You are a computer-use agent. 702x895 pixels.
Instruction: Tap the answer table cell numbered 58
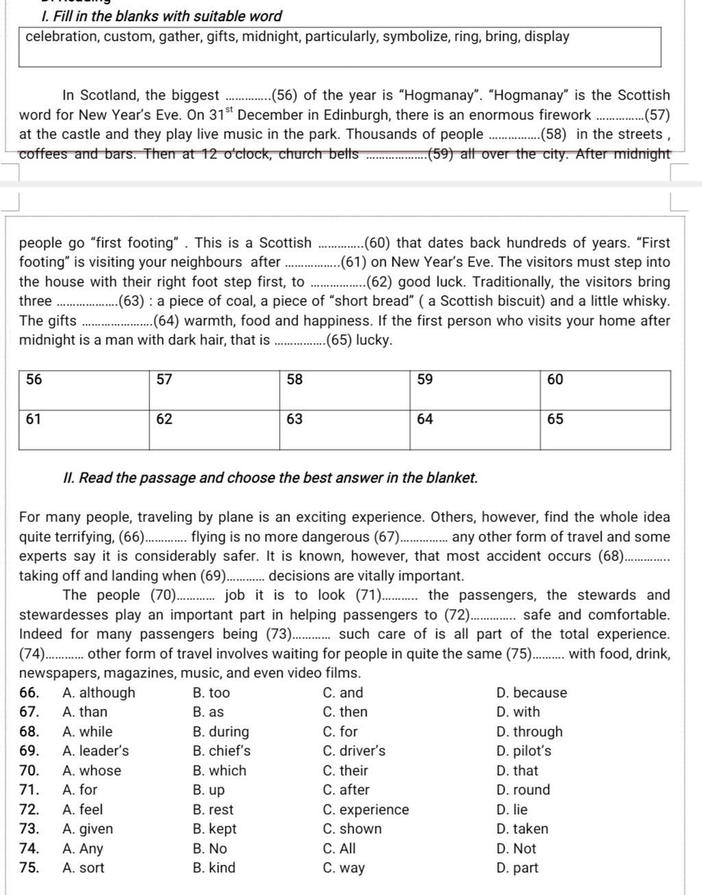(345, 391)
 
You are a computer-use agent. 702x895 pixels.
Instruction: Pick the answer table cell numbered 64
(475, 430)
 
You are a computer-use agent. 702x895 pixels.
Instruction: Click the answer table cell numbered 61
(84, 430)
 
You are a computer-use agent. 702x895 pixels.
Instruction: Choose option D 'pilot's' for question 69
(524, 751)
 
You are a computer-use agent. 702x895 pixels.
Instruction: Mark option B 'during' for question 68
(221, 732)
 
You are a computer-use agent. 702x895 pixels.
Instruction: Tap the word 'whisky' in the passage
(646, 301)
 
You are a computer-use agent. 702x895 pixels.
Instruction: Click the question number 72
(29, 810)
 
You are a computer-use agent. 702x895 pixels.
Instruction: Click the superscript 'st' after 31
(228, 110)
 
